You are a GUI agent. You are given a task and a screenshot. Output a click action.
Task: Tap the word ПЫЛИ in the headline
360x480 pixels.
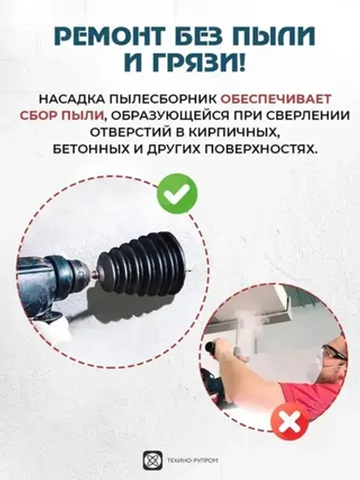pyautogui.click(x=274, y=35)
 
